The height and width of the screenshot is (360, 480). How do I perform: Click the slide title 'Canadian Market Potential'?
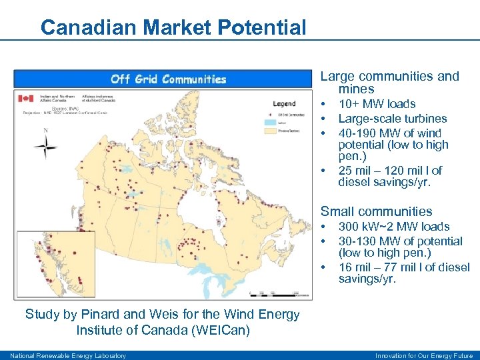tap(173, 27)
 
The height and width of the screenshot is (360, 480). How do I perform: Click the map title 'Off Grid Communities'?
tap(168, 79)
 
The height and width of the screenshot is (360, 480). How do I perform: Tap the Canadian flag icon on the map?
tap(25, 99)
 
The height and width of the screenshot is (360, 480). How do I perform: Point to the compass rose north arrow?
tap(45, 144)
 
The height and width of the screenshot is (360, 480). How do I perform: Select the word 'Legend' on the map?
tap(284, 104)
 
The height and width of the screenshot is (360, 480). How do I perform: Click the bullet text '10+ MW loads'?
tap(377, 104)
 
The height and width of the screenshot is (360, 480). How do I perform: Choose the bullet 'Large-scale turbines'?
tap(392, 119)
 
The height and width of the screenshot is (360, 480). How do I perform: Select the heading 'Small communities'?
tap(376, 211)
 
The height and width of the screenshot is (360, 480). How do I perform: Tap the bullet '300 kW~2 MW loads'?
tap(393, 227)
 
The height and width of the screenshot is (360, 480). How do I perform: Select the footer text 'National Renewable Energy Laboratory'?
tap(67, 355)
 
